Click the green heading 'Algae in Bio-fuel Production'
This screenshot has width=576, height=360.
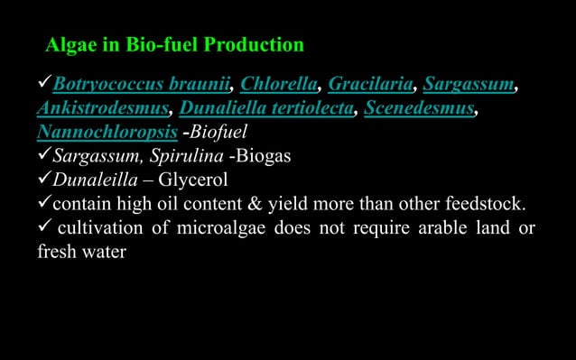(x=175, y=44)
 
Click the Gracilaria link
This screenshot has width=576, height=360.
(x=370, y=86)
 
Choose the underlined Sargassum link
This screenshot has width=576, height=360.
(x=469, y=86)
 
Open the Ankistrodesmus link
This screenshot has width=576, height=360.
(x=102, y=110)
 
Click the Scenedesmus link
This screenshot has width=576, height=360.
(x=419, y=110)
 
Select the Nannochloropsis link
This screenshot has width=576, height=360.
(x=94, y=134)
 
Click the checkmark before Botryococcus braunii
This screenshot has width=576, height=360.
(x=43, y=86)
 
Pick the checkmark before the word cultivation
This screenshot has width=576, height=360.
(x=43, y=226)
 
